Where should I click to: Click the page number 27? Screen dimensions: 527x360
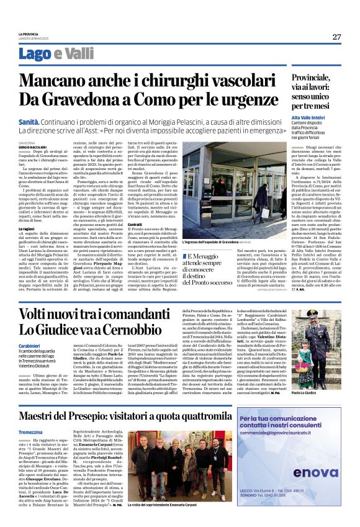click(x=336, y=37)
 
